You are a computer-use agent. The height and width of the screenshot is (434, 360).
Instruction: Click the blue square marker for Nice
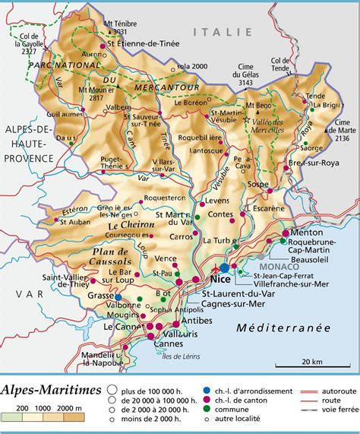224,268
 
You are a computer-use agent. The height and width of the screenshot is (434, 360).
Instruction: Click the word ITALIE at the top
222,31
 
